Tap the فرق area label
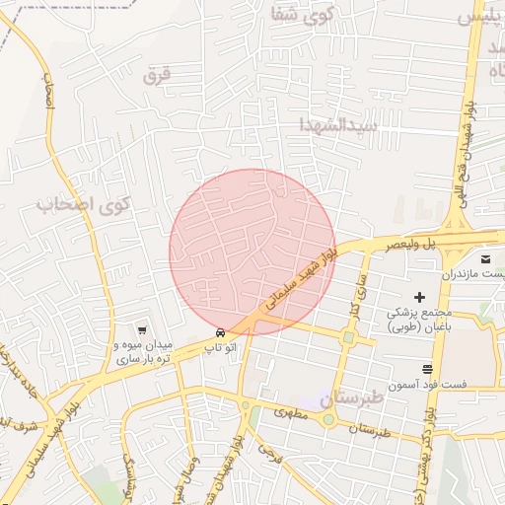pos(157,76)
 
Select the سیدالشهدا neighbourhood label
pos(339,125)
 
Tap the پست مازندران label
pos(473,271)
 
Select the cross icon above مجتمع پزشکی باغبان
pos(419,296)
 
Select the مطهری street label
pos(292,416)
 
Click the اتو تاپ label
pos(219,348)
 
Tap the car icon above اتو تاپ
pos(220,332)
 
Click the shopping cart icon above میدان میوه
pos(144,330)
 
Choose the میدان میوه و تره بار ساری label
pos(144,352)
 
